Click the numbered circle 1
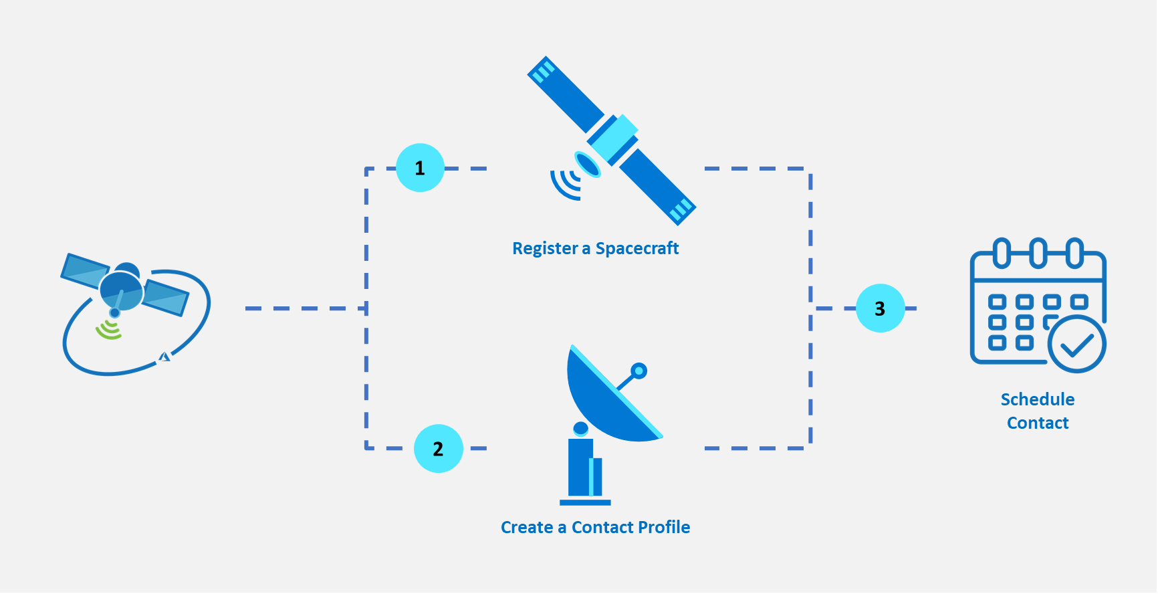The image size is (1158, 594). (x=420, y=168)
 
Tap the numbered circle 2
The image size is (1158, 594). (x=439, y=449)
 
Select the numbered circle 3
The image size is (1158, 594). (x=880, y=308)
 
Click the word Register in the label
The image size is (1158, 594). (x=545, y=249)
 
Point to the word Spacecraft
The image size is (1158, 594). (x=637, y=249)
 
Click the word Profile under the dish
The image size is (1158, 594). (x=663, y=528)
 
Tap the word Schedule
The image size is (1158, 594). (x=1038, y=400)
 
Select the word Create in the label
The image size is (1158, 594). (x=527, y=528)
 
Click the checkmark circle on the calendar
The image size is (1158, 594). (x=1076, y=344)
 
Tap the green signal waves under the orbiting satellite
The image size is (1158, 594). (x=108, y=330)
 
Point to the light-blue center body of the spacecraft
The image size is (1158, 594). (x=612, y=138)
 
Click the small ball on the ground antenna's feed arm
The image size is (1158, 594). (x=639, y=371)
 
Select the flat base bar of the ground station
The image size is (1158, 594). (x=585, y=502)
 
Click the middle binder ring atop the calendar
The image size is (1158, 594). (x=1038, y=253)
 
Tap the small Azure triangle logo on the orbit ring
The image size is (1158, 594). (x=164, y=357)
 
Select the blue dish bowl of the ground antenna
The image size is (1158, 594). (x=605, y=401)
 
